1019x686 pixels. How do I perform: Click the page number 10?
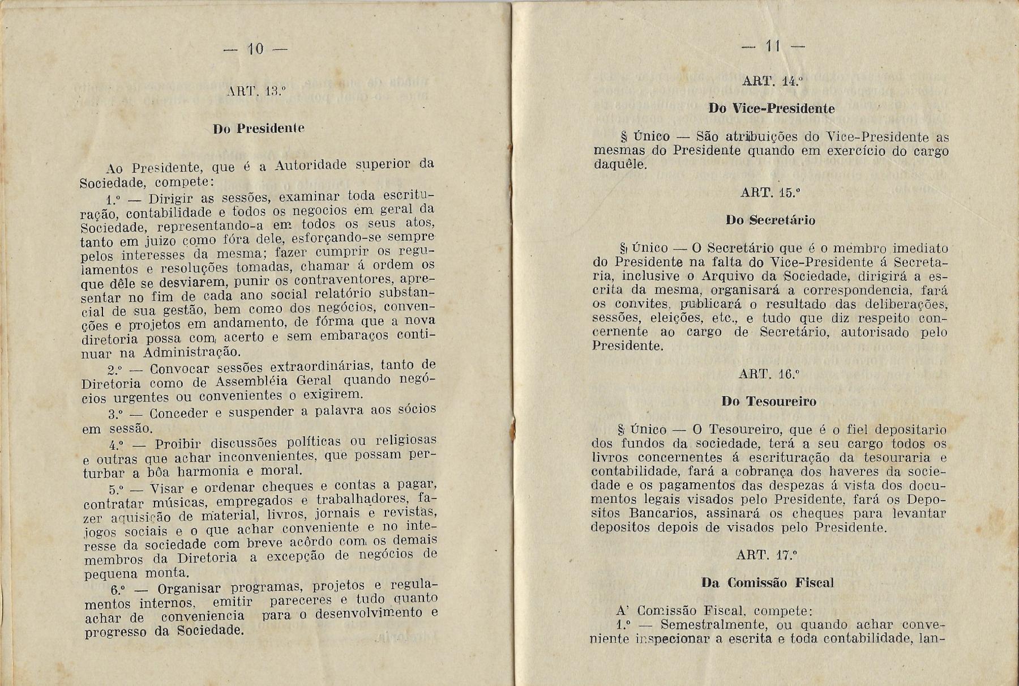point(256,49)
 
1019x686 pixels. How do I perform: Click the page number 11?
point(773,46)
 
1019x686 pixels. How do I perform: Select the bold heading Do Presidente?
point(259,129)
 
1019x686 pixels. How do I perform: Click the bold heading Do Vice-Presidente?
point(771,109)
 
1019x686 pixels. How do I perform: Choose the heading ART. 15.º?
point(770,193)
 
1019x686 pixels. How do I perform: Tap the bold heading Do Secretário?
point(770,220)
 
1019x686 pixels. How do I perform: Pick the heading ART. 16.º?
point(769,374)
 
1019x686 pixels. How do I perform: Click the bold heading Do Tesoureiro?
point(769,402)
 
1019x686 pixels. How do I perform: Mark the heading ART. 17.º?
point(767,555)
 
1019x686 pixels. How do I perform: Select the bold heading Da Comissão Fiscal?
point(768,583)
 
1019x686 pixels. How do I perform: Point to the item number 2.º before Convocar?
point(115,370)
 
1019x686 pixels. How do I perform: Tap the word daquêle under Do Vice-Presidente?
point(619,165)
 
